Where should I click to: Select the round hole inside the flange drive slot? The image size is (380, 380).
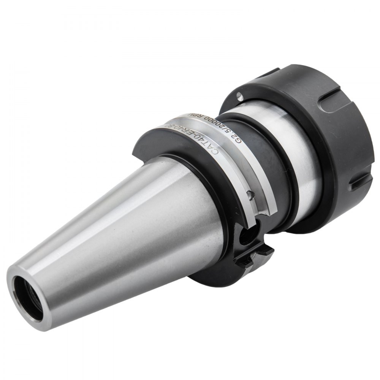(247, 237)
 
